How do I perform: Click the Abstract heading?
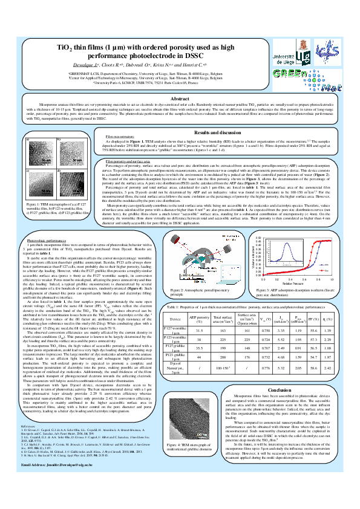pyautogui.click(x=180, y=98)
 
